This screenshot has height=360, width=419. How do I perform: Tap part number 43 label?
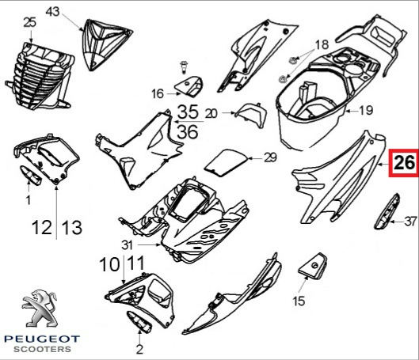pos(53,12)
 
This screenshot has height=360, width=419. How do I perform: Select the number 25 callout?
pos(29,22)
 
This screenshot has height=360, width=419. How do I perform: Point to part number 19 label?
pos(365,110)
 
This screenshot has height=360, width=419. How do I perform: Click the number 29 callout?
pos(270,157)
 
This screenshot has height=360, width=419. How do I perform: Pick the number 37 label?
pos(410,222)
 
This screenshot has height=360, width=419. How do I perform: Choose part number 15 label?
pos(299,301)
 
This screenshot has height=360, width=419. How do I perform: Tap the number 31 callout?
pos(127,245)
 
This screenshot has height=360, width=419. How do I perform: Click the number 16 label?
pos(157,93)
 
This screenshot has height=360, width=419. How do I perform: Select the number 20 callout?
pos(211,114)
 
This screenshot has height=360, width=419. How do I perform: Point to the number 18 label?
pos(322,44)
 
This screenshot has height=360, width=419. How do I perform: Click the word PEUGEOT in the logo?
pos(42,339)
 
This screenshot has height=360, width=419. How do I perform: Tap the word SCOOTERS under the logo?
pos(42,349)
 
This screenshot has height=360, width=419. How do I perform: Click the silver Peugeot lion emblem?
pos(40,309)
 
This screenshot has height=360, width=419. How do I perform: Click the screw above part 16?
pos(184,67)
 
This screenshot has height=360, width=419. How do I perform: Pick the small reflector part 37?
pos(387,211)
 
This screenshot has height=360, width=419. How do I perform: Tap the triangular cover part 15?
pos(313,266)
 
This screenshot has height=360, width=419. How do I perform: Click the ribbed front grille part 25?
pos(40,76)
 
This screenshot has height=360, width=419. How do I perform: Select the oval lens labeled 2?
pos(139,322)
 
